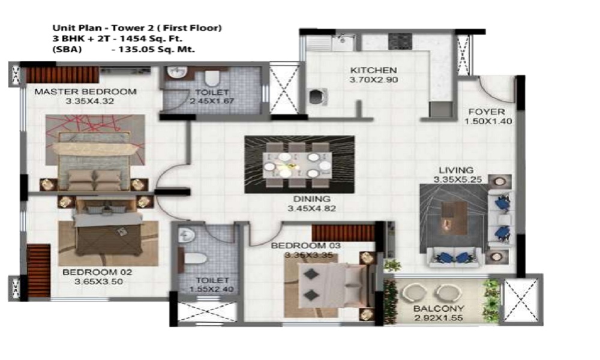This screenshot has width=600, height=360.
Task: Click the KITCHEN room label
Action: click(x=373, y=70)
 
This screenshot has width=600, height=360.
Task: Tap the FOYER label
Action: click(x=487, y=112)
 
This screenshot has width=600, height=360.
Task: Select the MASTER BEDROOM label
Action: click(x=85, y=92)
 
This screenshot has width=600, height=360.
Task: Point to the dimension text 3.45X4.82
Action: click(x=312, y=209)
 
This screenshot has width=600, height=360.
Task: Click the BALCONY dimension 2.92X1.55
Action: click(x=439, y=318)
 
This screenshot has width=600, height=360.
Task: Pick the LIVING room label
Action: click(x=456, y=170)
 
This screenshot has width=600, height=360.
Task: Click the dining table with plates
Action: click(x=298, y=165)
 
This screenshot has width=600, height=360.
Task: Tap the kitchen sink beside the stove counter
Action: click(x=344, y=42)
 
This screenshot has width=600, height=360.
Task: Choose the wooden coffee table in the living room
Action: click(x=454, y=218)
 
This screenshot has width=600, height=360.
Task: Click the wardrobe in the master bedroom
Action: click(x=61, y=74)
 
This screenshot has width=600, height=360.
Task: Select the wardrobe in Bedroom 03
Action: click(x=343, y=233)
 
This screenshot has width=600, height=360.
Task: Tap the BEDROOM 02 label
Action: click(x=97, y=272)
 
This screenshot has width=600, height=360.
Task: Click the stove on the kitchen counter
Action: click(x=400, y=41)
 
